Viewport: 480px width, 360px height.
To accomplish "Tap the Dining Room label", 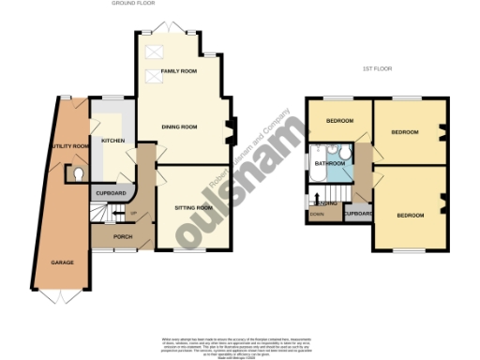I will tap(178, 127).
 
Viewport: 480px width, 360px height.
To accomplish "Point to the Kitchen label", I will tap(112, 142).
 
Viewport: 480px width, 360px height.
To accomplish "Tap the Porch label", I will tap(123, 237).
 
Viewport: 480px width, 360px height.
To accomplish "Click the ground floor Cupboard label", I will tap(112, 193).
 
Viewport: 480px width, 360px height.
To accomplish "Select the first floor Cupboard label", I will tap(358, 214).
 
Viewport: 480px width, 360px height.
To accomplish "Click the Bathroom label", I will tap(330, 164).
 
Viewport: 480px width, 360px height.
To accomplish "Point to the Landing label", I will tap(326, 203).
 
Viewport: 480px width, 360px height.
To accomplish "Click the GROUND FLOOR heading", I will tap(132, 4).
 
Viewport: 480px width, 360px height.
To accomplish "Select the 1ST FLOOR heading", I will tap(375, 70).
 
